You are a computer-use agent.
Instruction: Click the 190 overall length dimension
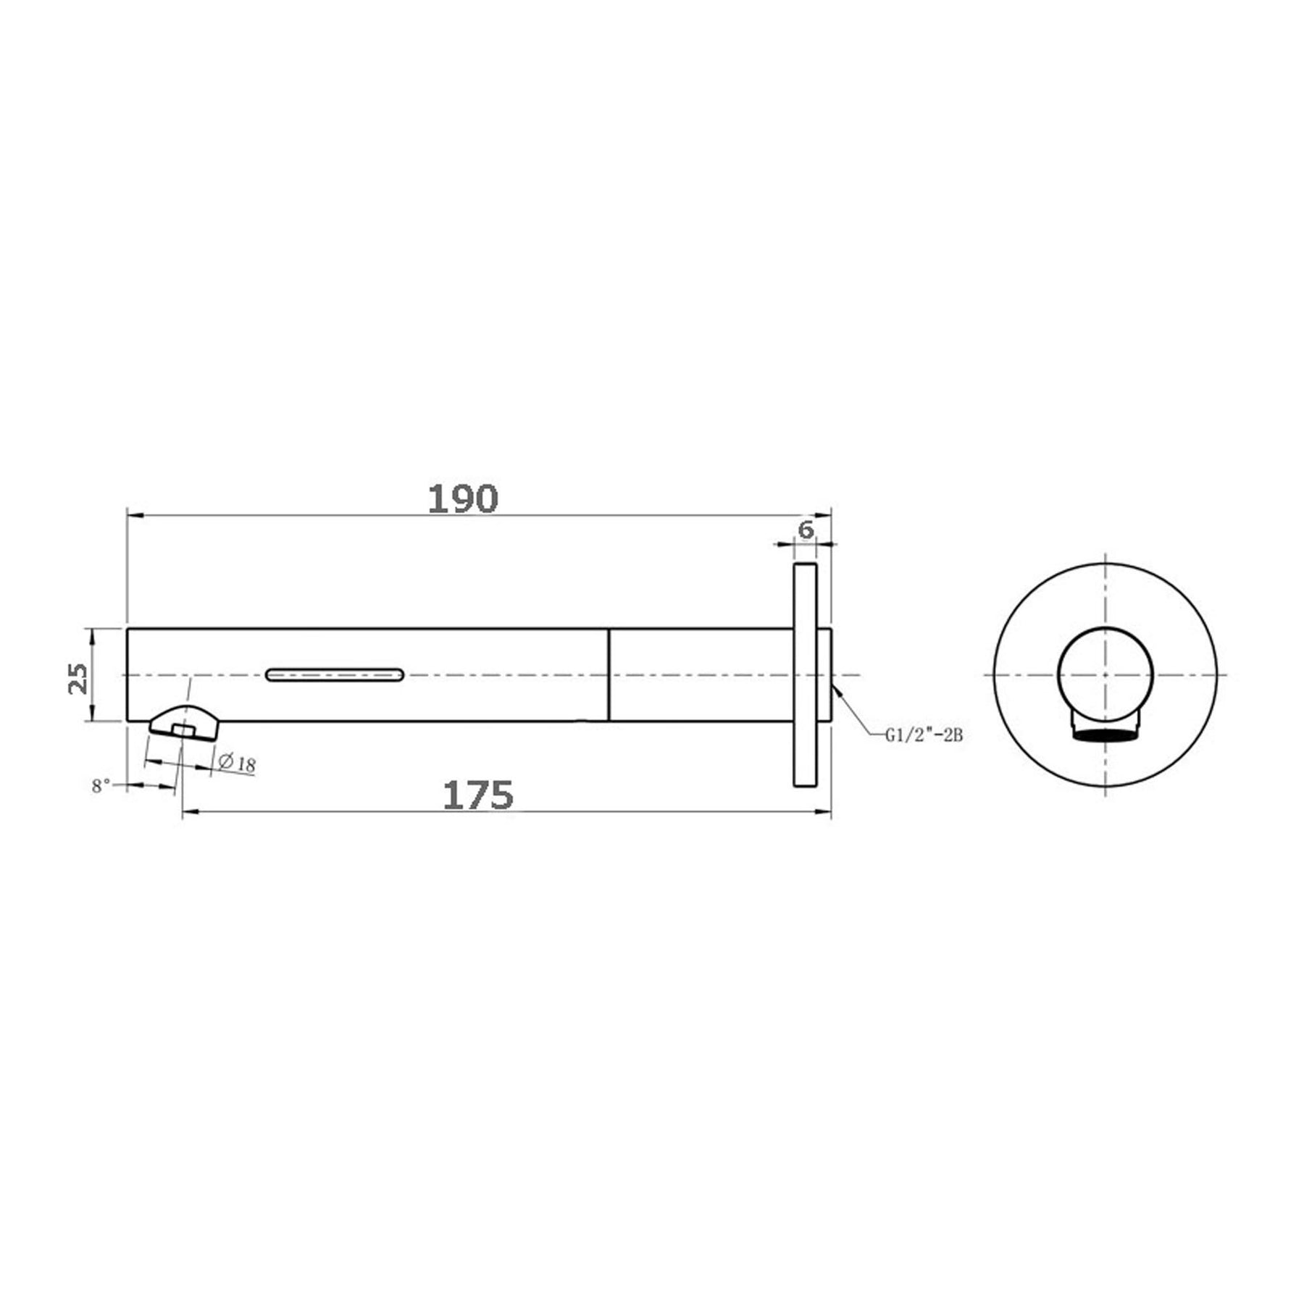pos(463,499)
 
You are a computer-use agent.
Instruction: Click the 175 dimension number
pos(478,795)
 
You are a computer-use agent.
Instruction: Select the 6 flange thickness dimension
pos(806,530)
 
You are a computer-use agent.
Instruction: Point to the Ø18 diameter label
pos(236,763)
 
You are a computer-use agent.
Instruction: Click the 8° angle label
pos(101,786)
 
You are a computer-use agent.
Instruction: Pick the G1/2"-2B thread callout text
pos(923,735)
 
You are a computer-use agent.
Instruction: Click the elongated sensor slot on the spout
pos(335,674)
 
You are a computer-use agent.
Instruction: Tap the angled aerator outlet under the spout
pos(183,723)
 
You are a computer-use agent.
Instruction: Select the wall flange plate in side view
pos(806,674)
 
